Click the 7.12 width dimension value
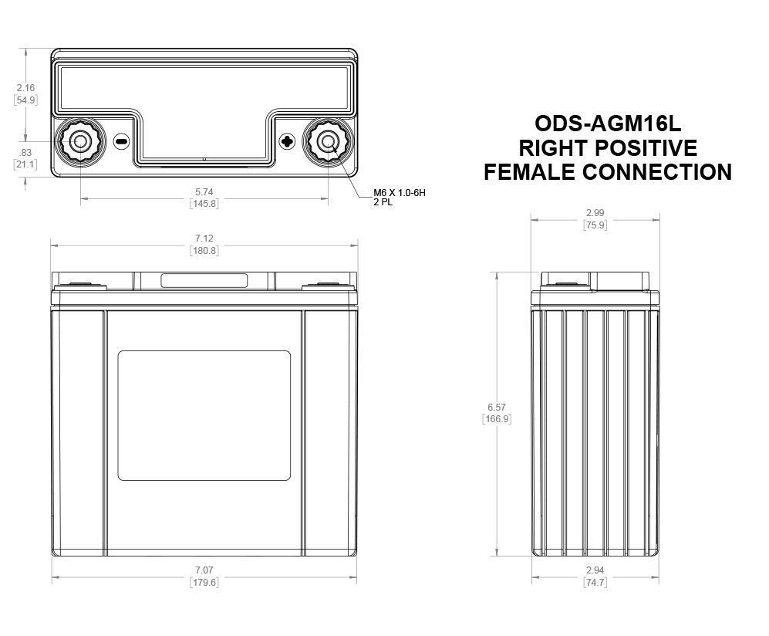pyautogui.click(x=204, y=238)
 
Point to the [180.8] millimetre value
pyautogui.click(x=204, y=251)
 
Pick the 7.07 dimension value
pyautogui.click(x=204, y=570)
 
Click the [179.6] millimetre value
pyautogui.click(x=204, y=583)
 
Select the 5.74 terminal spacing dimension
pyautogui.click(x=204, y=191)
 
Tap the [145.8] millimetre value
pyautogui.click(x=204, y=204)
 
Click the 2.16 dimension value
pyautogui.click(x=25, y=88)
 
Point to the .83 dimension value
pyautogui.click(x=25, y=152)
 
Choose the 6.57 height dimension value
pyautogui.click(x=497, y=407)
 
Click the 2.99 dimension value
pyautogui.click(x=595, y=213)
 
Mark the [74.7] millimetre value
pyautogui.click(x=595, y=583)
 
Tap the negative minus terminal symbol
pyautogui.click(x=120, y=141)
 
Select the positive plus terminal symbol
pyautogui.click(x=287, y=141)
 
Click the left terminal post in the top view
pyautogui.click(x=79, y=141)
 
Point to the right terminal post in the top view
pyautogui.click(x=328, y=141)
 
